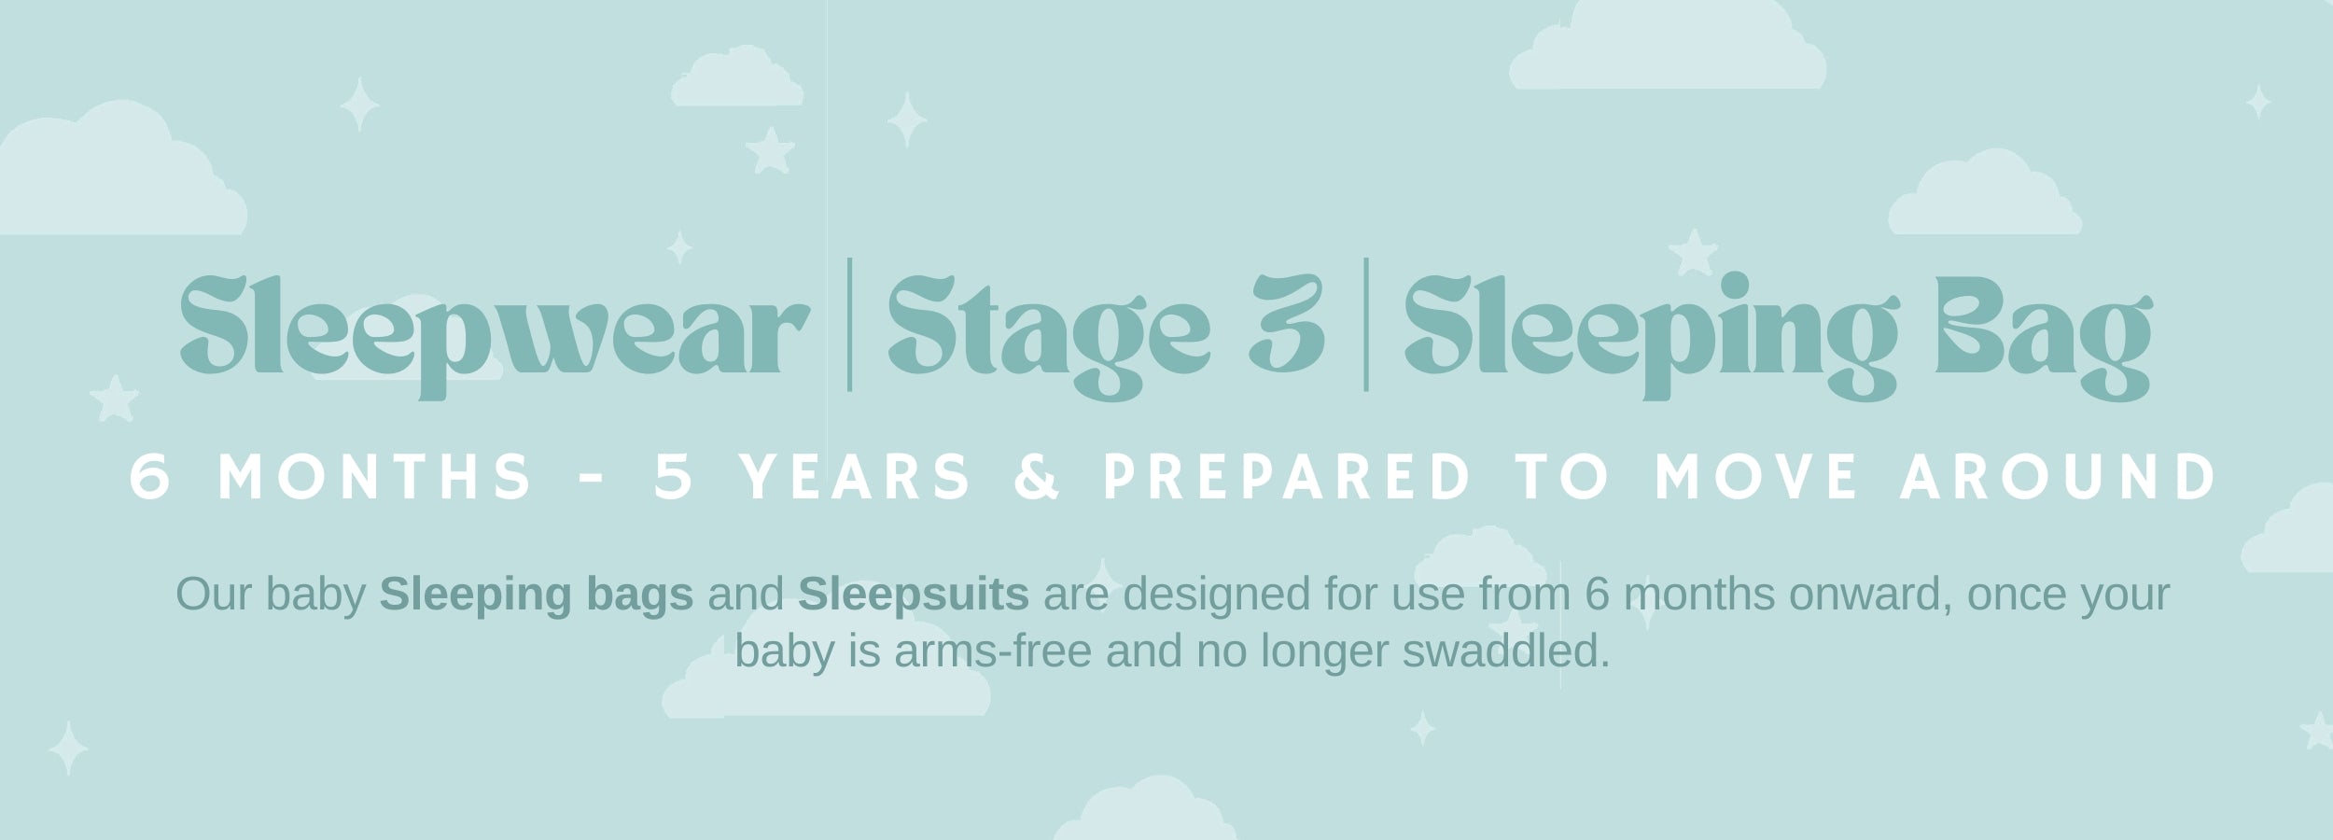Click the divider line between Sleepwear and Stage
tap(848, 325)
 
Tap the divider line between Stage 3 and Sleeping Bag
tap(1366, 325)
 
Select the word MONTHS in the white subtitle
tap(374, 477)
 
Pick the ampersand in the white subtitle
tap(1038, 477)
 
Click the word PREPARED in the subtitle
tap(1287, 477)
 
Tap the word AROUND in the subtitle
tap(2059, 477)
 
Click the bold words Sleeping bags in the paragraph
tap(537, 595)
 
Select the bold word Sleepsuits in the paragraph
tap(914, 595)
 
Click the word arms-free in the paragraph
tap(993, 651)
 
